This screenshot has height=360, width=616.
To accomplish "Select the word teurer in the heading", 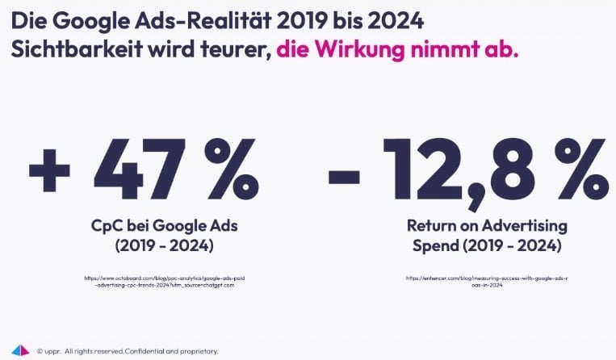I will (x=234, y=48).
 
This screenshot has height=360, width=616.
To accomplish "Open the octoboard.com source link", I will (x=165, y=282).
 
